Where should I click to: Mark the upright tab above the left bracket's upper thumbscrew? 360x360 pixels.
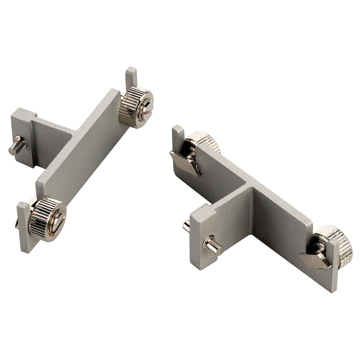point(131,76)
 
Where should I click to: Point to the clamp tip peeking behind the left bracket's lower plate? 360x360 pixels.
point(16,223)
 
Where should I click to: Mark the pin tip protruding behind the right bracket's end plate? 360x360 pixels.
point(186,226)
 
